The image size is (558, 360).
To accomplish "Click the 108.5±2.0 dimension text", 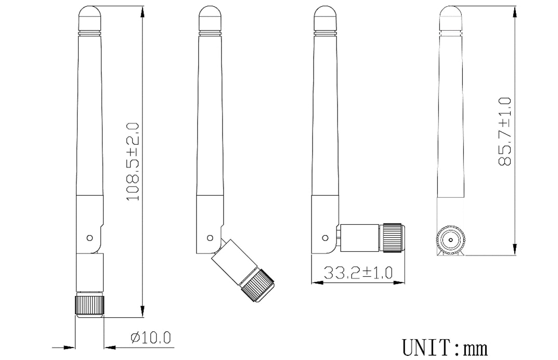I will click(x=133, y=162).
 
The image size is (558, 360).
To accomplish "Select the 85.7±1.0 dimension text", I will click(x=504, y=132).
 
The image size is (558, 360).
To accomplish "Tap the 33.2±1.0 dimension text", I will click(x=358, y=272).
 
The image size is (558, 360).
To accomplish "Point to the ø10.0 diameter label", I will click(x=151, y=338).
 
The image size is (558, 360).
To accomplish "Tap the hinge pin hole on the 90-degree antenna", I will click(x=326, y=238).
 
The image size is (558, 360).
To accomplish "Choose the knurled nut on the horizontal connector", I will click(x=393, y=238).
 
